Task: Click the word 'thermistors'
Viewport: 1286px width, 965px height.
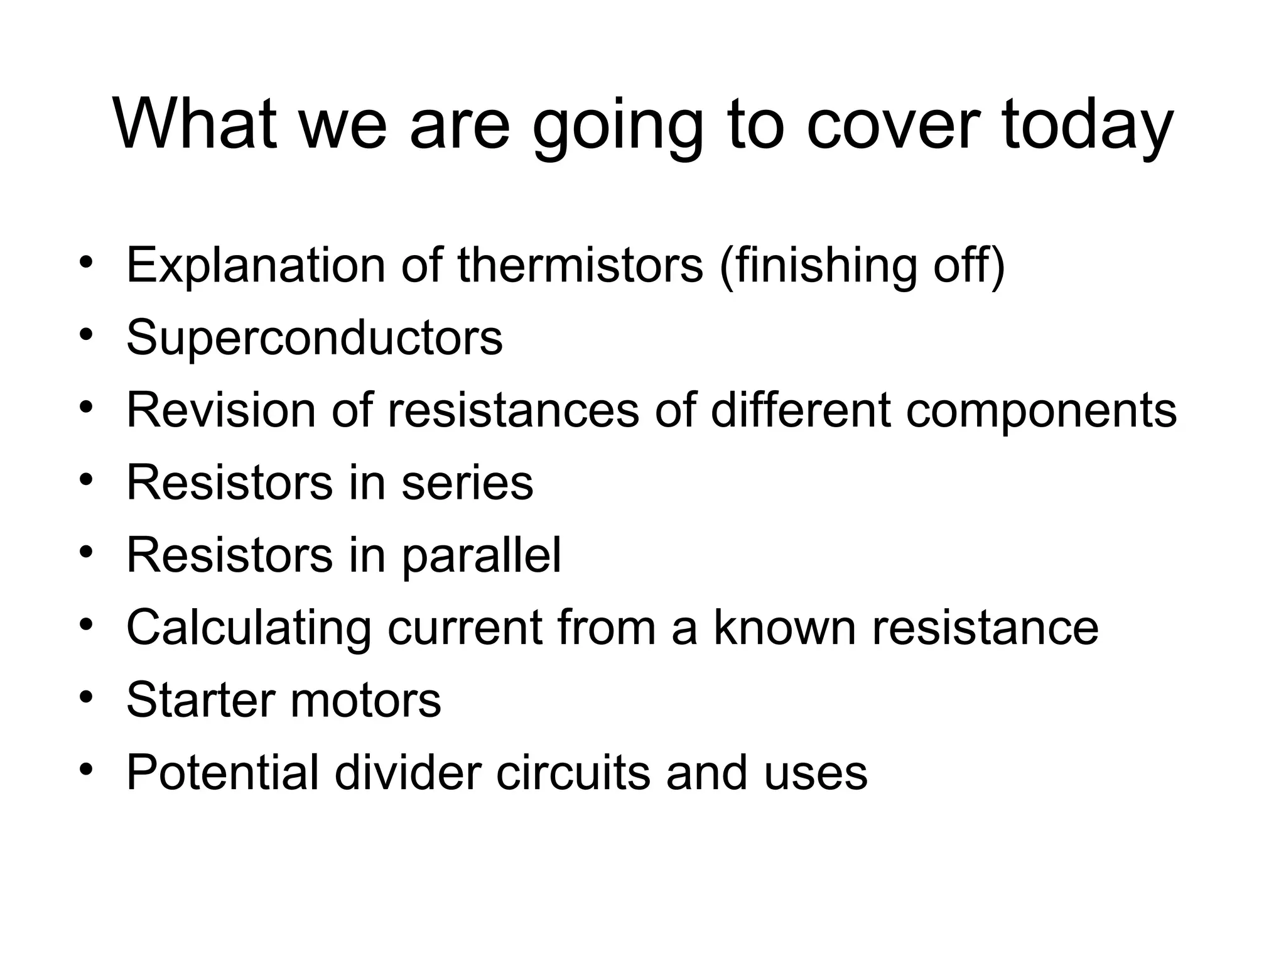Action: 580,265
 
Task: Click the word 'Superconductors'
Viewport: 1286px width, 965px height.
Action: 315,338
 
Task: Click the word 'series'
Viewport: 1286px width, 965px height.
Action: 467,482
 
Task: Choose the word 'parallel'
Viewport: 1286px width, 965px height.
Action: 482,555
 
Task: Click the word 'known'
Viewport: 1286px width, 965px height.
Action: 785,627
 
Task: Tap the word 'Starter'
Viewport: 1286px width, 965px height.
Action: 201,699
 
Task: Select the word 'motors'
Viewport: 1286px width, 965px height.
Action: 365,700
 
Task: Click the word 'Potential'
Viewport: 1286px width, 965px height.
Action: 223,771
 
